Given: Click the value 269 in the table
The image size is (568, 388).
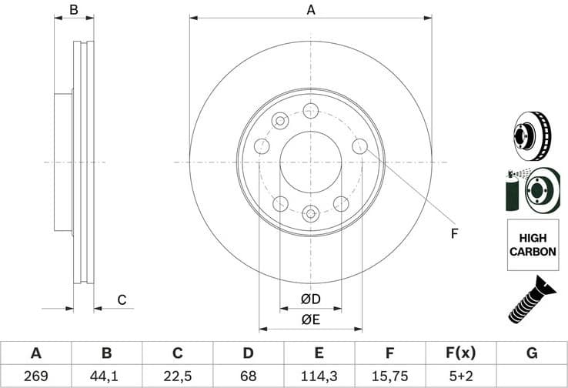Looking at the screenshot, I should coord(35,376).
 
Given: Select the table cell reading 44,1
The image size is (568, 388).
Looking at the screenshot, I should coord(106,376).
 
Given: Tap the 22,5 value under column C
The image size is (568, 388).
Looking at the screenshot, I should coord(177,376).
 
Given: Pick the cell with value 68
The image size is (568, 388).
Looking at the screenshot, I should coord(248,376).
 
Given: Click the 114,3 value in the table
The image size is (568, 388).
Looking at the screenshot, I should coord(319,376).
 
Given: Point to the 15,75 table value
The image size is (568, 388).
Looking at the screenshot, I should coord(389,376).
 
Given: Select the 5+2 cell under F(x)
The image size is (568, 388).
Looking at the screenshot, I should coord(460,376).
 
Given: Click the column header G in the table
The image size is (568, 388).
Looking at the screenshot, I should coord(531,353).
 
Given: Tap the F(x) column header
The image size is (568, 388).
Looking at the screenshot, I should coord(460,353).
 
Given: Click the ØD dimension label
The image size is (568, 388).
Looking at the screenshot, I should coord(310,299).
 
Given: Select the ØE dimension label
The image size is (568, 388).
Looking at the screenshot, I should coord(310,318).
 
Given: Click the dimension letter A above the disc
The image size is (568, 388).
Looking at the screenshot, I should coord(311,10).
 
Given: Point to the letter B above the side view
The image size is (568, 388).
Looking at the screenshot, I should coord(74,10).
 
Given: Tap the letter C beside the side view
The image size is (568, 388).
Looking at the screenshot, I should coord(121,300).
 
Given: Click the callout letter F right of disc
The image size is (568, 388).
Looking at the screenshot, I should coord(454,233).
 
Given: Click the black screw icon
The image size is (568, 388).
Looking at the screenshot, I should coord(530,300).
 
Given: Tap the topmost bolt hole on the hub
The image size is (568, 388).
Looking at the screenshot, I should coord(310,110).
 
